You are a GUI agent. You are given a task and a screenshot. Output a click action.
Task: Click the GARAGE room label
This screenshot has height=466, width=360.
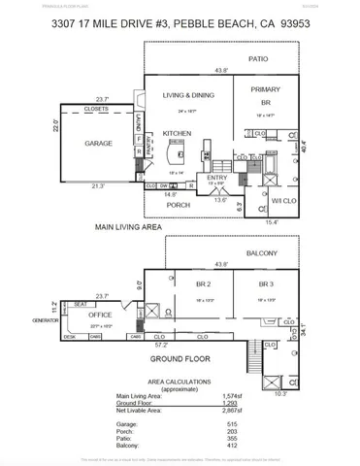pyautogui.click(x=98, y=143)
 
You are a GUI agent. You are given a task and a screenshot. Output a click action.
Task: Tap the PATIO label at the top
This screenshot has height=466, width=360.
pyautogui.click(x=257, y=59)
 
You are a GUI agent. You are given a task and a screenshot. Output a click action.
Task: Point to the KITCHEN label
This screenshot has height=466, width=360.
pyautogui.click(x=178, y=133)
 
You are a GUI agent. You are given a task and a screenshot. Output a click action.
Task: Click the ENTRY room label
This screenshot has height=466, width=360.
pyautogui.click(x=217, y=178)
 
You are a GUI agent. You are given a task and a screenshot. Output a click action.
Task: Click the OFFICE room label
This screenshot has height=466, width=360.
pyautogui.click(x=101, y=314)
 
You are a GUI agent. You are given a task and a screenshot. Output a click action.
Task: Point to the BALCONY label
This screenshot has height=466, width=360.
pyautogui.click(x=262, y=253)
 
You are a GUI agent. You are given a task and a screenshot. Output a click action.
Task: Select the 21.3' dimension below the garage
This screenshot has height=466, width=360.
pyautogui.click(x=98, y=185)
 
